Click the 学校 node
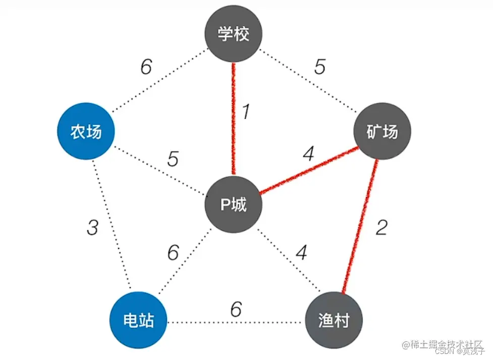click(x=233, y=35)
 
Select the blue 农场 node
click(x=86, y=132)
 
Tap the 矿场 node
click(x=382, y=132)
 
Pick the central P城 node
click(x=233, y=205)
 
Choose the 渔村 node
click(x=334, y=321)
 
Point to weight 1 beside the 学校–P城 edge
click(x=246, y=112)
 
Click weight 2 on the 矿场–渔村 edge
click(x=381, y=228)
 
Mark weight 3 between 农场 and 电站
click(x=92, y=228)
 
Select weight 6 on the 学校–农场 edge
click(x=146, y=67)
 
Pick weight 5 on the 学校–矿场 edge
click(x=319, y=67)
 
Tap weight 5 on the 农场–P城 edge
click(x=173, y=160)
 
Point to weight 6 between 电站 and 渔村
click(x=236, y=309)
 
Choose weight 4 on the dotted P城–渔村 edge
click(x=301, y=252)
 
